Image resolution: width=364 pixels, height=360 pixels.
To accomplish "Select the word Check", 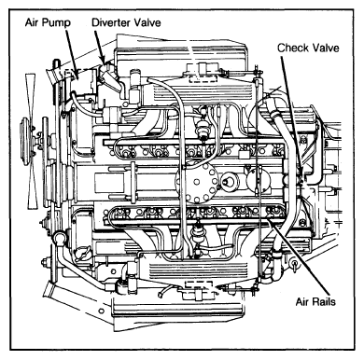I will pyautogui.click(x=293, y=46).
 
